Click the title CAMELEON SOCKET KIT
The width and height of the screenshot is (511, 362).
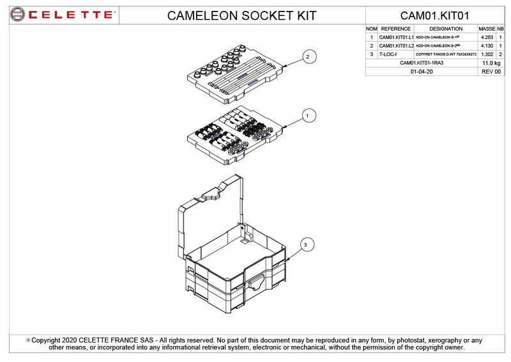tap(241, 15)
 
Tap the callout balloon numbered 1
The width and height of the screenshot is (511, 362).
tap(307, 116)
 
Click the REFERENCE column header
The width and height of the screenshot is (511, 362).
tap(395, 29)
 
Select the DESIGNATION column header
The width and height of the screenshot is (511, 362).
tap(446, 29)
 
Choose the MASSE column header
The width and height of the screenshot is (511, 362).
tap(487, 29)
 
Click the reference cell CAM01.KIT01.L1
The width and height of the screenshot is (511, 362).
tap(396, 38)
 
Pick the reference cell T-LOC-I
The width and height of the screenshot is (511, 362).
tap(388, 54)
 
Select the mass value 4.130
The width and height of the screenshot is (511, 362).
tap(487, 46)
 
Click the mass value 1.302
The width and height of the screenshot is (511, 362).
tap(487, 54)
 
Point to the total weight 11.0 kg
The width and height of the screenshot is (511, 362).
tap(490, 63)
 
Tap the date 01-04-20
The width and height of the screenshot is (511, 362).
tap(422, 72)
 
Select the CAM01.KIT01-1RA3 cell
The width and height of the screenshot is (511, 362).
tap(422, 63)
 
